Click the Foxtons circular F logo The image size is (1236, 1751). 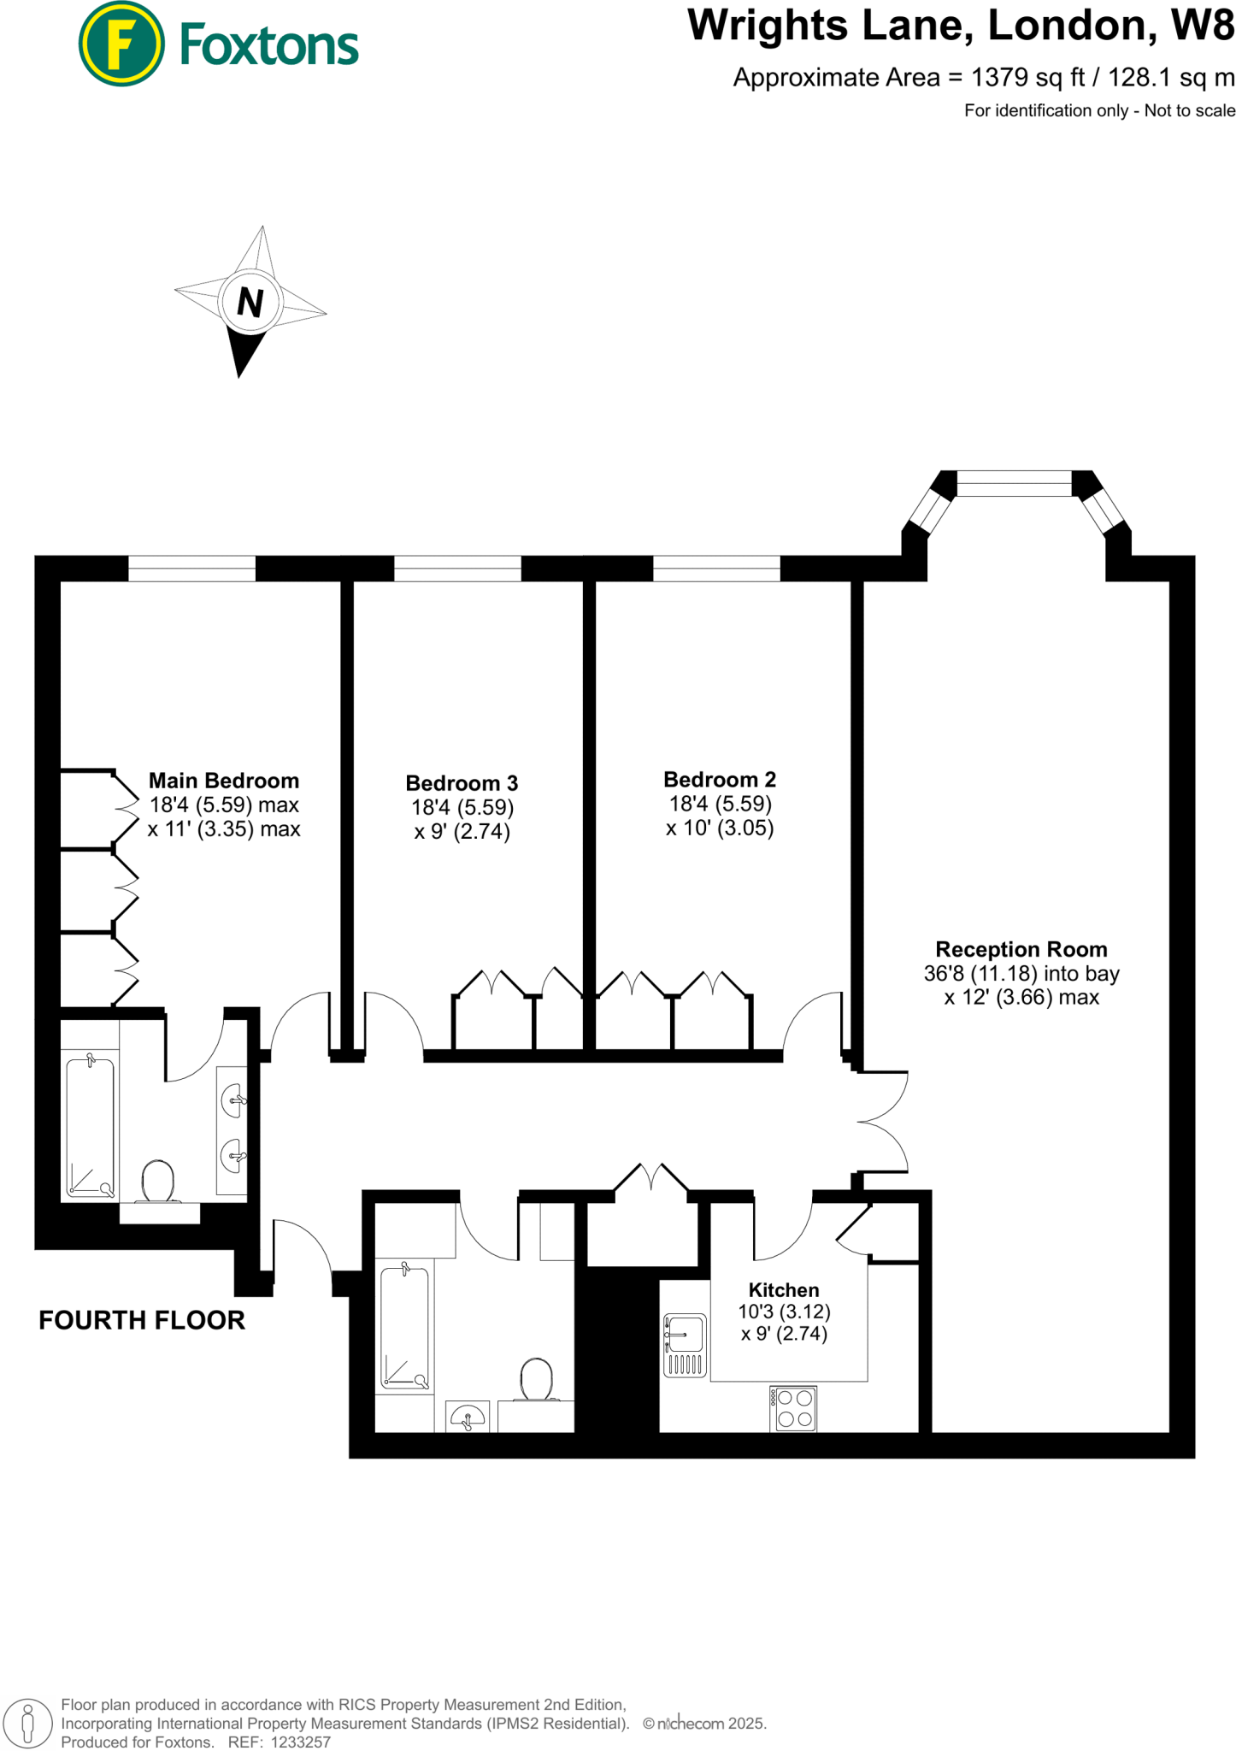pyautogui.click(x=121, y=44)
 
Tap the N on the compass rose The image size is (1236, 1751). pyautogui.click(x=250, y=302)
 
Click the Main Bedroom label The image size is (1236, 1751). pyautogui.click(x=224, y=781)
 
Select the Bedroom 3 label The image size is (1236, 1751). pyautogui.click(x=462, y=783)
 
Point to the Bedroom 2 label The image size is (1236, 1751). pyautogui.click(x=720, y=780)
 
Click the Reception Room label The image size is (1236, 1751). pyautogui.click(x=1021, y=949)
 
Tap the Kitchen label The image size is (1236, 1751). pyautogui.click(x=784, y=1290)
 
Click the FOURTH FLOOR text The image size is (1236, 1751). pyautogui.click(x=142, y=1320)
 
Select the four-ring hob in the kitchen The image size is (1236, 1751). pyautogui.click(x=794, y=1409)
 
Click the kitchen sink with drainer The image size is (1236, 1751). pyautogui.click(x=685, y=1345)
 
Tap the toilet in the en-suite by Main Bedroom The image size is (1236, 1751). pyautogui.click(x=158, y=1182)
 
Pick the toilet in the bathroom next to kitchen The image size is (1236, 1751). pyautogui.click(x=536, y=1379)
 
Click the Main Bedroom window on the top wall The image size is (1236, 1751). pyautogui.click(x=191, y=569)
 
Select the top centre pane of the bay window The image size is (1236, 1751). pyautogui.click(x=1014, y=483)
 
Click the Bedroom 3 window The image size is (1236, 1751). pyautogui.click(x=457, y=569)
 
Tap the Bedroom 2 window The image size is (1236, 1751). pyautogui.click(x=716, y=569)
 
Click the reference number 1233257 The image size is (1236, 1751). pyautogui.click(x=300, y=1742)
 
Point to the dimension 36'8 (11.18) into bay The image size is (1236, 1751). pyautogui.click(x=1021, y=974)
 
